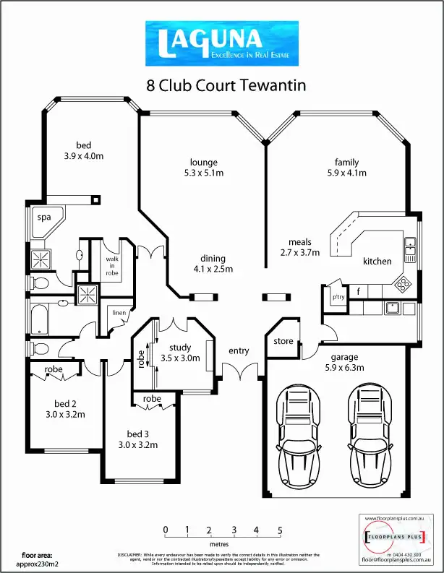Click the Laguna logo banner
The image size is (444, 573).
tap(222, 44)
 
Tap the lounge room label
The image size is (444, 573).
tap(203, 163)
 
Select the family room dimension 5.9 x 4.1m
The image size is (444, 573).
tap(346, 173)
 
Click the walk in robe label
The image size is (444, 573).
tap(112, 264)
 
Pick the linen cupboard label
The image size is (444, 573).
tap(118, 313)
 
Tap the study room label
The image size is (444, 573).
tap(179, 348)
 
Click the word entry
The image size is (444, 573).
tap(239, 351)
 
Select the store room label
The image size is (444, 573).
tap(283, 341)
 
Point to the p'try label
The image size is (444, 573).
tap(338, 296)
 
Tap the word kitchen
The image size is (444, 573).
tap(377, 262)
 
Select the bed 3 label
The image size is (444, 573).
tap(137, 434)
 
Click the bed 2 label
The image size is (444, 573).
tap(65, 403)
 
